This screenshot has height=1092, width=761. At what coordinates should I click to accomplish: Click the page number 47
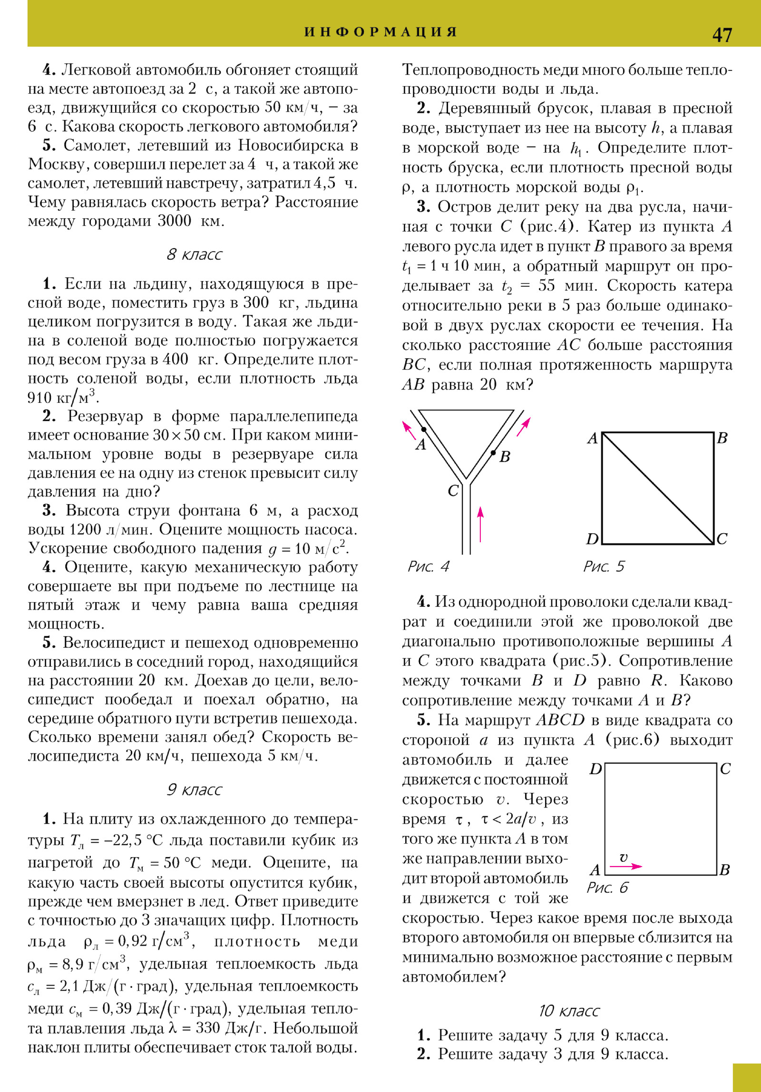coord(722,35)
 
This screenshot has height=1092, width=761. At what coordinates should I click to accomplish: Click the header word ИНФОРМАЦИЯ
coord(380,32)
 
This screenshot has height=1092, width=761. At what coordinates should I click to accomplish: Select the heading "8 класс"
coord(194,254)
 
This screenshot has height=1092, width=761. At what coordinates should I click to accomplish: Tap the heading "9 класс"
coord(194,790)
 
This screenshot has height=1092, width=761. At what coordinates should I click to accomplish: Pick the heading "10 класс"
coord(569,1010)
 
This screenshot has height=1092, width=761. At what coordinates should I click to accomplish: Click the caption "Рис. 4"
coord(428,566)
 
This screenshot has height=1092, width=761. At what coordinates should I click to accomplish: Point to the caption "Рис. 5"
coord(604,566)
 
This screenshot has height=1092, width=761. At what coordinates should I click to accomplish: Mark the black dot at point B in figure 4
coord(493,452)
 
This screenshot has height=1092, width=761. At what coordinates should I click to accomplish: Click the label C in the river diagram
coord(453,490)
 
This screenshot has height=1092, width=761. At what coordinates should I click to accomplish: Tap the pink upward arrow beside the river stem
coord(480,524)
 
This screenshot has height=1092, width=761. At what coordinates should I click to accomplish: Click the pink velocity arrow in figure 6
coord(625,866)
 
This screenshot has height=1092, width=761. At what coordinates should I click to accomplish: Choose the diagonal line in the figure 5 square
coord(658,488)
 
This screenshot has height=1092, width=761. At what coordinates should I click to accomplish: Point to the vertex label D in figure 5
coord(592,539)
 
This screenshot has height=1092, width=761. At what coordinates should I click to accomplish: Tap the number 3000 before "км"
coord(174,221)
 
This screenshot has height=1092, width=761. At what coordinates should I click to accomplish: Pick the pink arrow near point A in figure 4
coord(409,429)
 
